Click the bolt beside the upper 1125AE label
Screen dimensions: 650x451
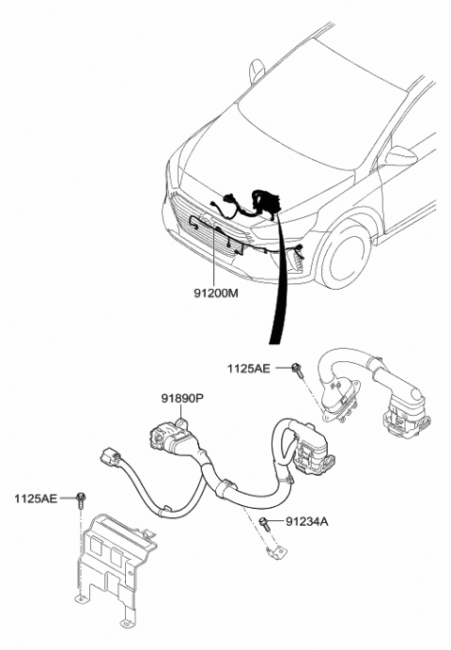(298, 368)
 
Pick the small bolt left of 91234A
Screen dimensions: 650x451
(266, 520)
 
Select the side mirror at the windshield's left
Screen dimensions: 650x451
(257, 70)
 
